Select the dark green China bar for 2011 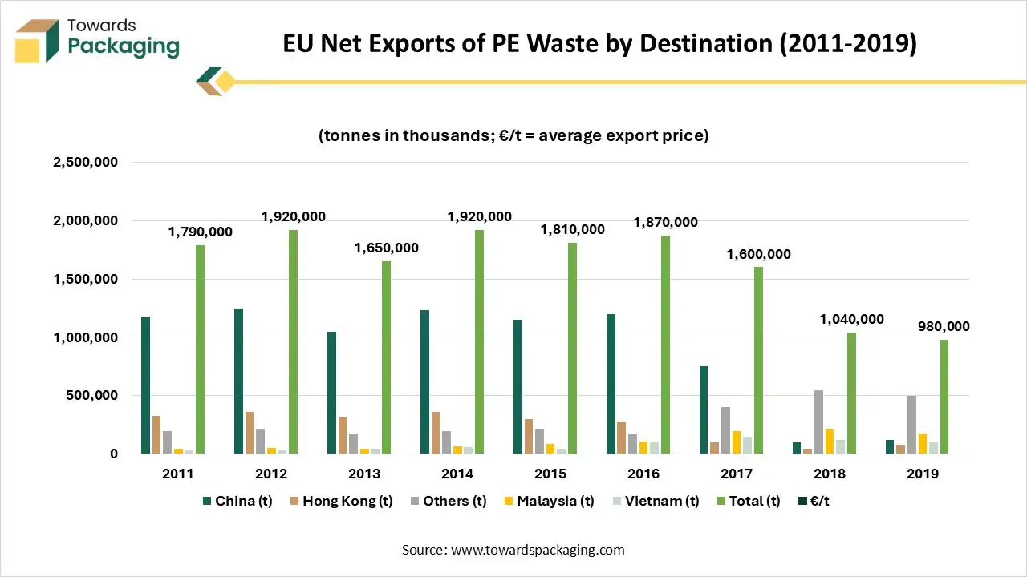[x=145, y=385]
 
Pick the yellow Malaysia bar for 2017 [x=736, y=442]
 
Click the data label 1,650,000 [x=387, y=248]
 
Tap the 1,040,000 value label [x=851, y=319]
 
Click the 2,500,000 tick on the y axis [x=85, y=163]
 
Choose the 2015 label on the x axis [x=550, y=474]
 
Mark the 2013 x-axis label [x=364, y=474]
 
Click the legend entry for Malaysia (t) [x=555, y=501]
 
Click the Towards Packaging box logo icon [x=37, y=41]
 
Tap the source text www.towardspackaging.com [x=537, y=550]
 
